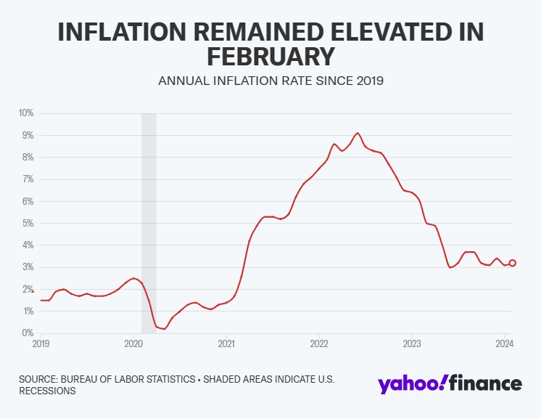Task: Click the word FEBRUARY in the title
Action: (x=270, y=56)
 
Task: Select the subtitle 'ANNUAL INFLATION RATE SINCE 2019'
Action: (x=270, y=81)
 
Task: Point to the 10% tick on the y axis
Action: (x=26, y=113)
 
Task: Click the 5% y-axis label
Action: (x=28, y=223)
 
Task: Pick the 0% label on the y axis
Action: (x=28, y=333)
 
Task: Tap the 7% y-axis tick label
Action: (x=28, y=179)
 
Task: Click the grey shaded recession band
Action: (x=149, y=218)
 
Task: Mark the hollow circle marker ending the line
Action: (x=513, y=263)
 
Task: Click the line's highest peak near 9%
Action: (x=358, y=133)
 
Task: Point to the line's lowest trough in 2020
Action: (x=165, y=329)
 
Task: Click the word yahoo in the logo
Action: (x=410, y=383)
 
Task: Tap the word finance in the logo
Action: (x=485, y=383)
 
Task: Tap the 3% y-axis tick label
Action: (x=28, y=267)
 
